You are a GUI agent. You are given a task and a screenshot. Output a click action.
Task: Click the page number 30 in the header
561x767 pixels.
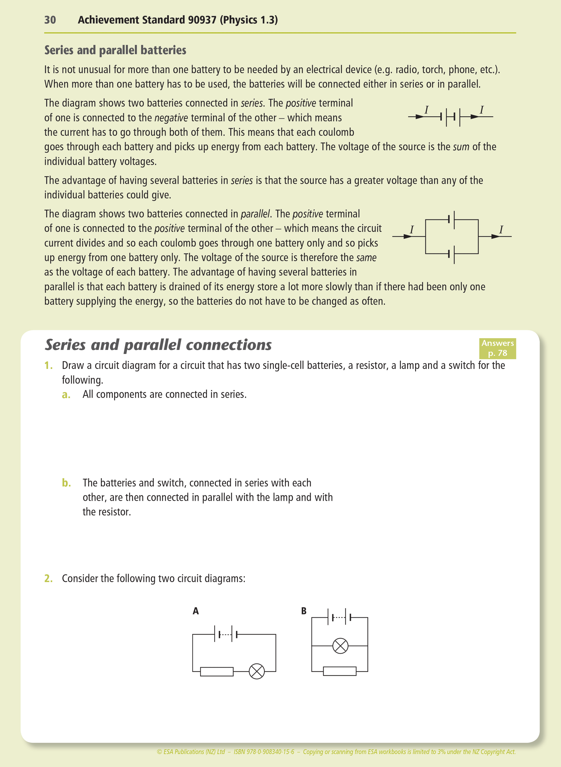click(x=50, y=20)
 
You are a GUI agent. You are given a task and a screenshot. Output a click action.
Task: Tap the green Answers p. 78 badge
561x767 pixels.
click(x=497, y=349)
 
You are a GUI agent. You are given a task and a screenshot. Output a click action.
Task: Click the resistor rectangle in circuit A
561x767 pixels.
click(x=217, y=671)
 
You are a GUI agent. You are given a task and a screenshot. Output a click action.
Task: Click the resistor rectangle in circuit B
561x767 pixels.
click(x=340, y=671)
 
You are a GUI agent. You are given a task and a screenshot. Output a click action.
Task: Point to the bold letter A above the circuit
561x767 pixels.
click(x=196, y=611)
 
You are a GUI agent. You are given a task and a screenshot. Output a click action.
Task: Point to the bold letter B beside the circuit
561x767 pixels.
click(x=304, y=611)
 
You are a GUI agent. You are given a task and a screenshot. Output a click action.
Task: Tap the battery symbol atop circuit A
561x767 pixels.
click(x=226, y=634)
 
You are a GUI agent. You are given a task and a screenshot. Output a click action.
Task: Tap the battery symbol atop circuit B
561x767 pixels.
click(x=339, y=617)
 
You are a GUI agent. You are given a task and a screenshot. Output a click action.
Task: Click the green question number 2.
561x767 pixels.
click(x=48, y=578)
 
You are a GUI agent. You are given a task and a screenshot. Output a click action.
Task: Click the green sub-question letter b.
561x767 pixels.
click(x=66, y=483)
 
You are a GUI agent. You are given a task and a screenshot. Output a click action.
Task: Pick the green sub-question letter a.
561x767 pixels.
click(x=66, y=395)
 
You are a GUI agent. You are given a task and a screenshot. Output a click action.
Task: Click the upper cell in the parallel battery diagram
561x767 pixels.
click(x=451, y=219)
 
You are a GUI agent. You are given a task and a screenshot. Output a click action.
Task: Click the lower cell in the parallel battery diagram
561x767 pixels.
click(x=451, y=254)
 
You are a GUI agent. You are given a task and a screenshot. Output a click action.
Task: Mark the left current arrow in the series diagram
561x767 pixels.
click(x=420, y=117)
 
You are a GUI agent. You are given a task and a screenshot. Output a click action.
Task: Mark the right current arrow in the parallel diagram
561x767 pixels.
click(x=496, y=236)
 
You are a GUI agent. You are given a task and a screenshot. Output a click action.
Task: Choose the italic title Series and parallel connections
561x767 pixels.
click(x=158, y=345)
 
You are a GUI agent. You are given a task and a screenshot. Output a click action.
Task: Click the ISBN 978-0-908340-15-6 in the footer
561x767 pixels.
click(x=264, y=752)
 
